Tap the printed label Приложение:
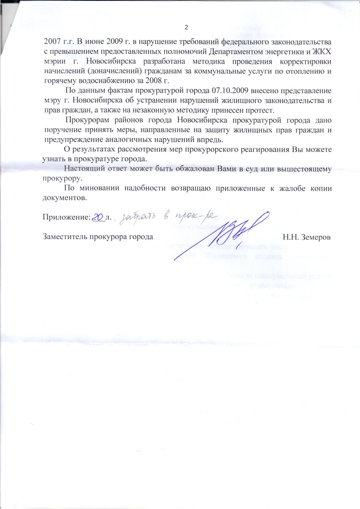point(67,217)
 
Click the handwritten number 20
point(98,217)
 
